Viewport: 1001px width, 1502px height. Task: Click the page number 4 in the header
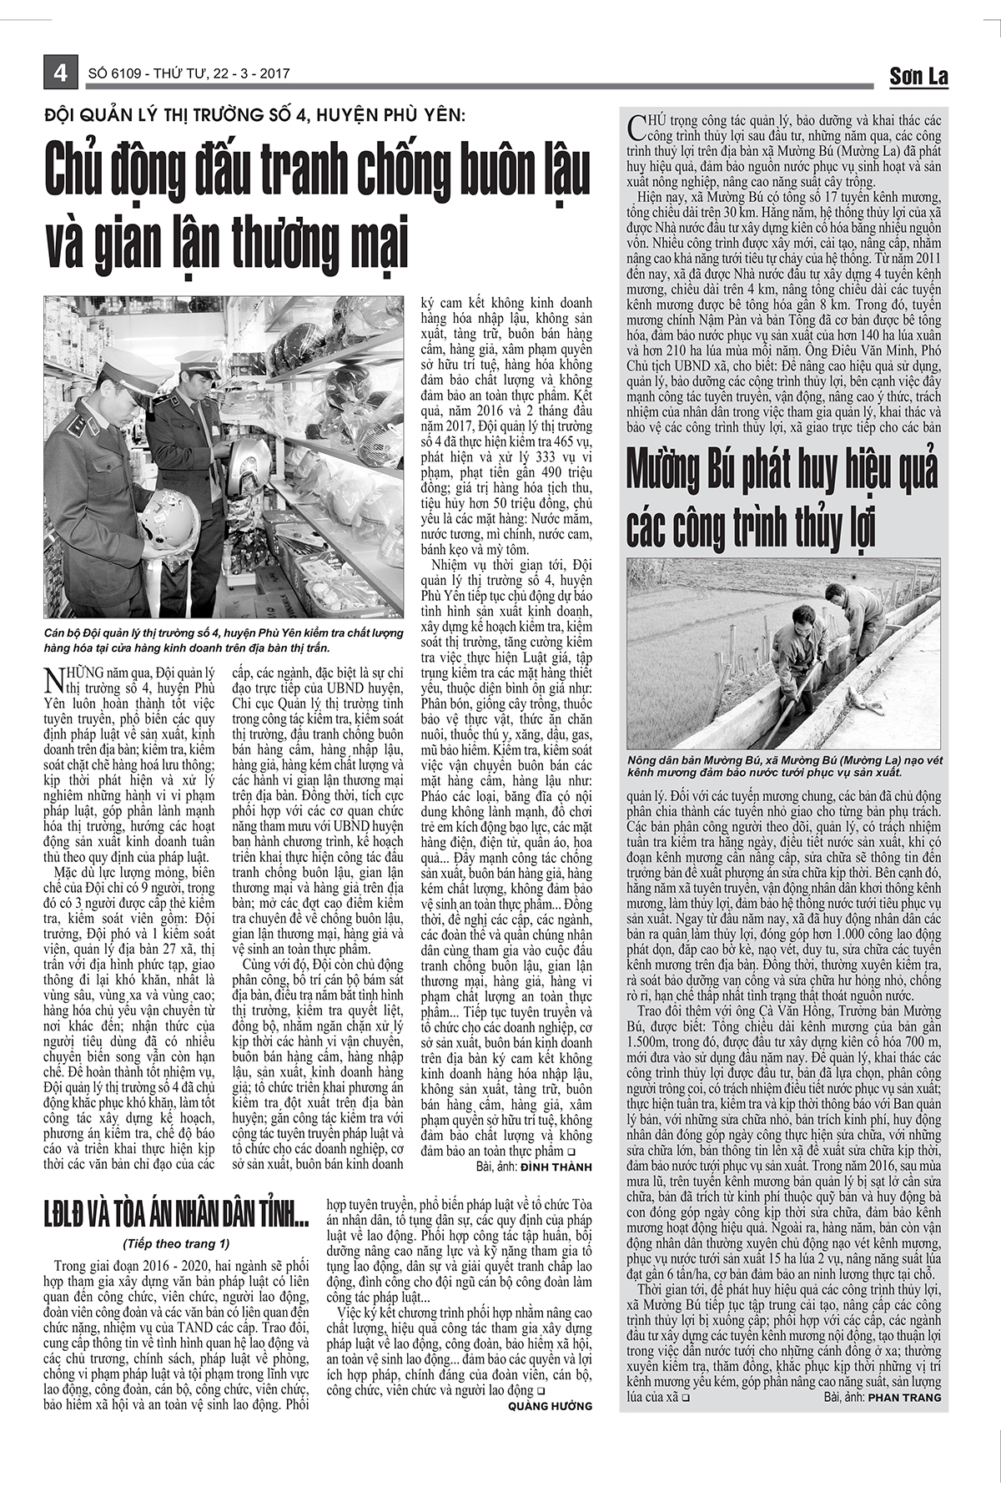60,73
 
